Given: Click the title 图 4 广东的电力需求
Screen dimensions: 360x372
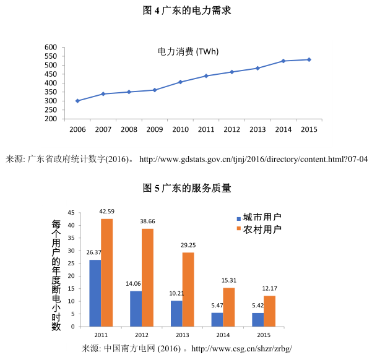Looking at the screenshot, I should (186, 11).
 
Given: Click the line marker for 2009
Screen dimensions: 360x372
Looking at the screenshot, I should (155, 90).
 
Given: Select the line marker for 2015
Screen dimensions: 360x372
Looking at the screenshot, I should (309, 59).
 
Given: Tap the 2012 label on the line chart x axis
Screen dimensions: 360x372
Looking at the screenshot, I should (232, 129).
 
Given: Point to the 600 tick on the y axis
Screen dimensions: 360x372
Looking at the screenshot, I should (51, 48).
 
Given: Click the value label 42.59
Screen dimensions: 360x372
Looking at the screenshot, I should (106, 212).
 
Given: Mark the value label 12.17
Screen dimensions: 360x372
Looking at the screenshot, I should (269, 289).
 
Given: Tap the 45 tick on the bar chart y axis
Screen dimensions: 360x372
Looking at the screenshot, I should (71, 212).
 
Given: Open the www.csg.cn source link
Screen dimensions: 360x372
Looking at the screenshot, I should (241, 348).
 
